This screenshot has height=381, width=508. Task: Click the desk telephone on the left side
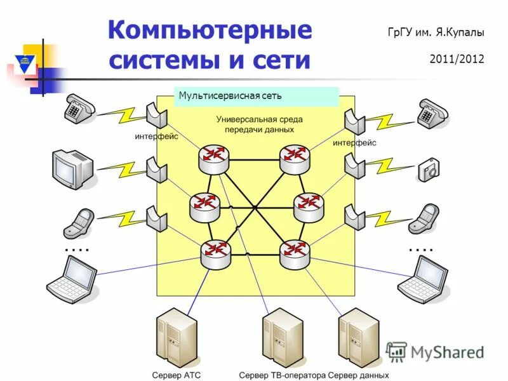click(78, 109)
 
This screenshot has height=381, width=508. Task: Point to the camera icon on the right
click(429, 170)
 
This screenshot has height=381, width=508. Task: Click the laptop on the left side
click(72, 279)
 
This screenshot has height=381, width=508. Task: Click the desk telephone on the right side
click(432, 113)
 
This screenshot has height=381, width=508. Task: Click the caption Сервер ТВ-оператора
click(282, 375)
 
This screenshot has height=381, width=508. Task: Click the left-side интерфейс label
click(156, 136)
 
